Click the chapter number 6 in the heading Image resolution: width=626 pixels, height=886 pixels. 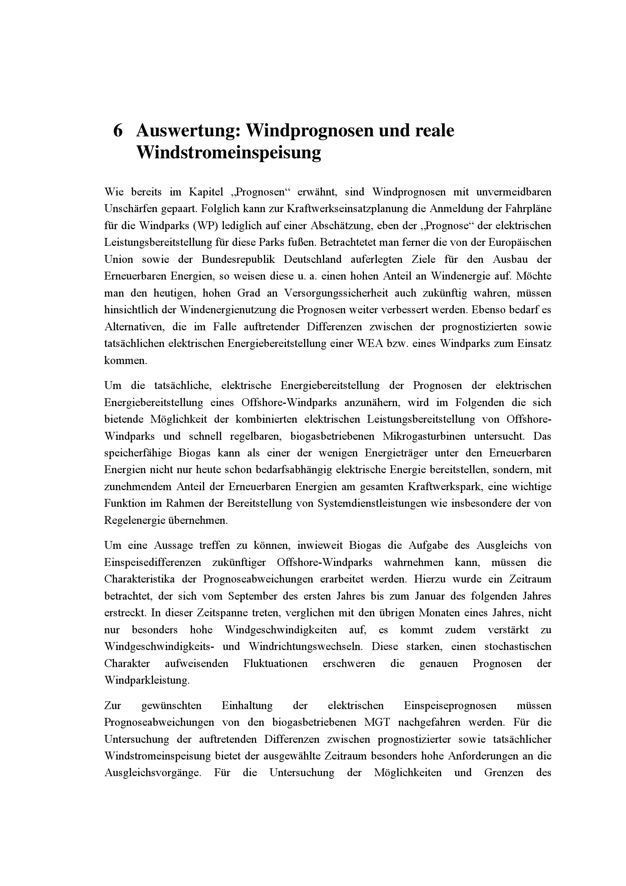coord(118,131)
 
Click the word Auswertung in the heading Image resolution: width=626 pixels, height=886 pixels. coord(188,131)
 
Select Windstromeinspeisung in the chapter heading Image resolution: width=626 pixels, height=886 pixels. coord(228,152)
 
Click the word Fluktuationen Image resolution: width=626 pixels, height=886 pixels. coord(275,664)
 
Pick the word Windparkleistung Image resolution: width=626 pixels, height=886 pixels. coord(147,680)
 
